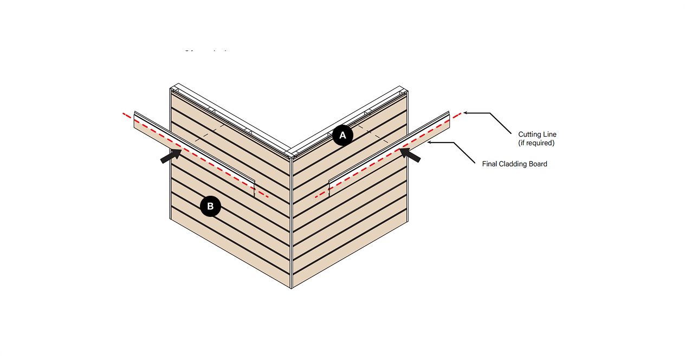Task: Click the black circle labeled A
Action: coord(342,136)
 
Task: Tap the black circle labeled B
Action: coord(210,206)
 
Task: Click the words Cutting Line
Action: coord(537,134)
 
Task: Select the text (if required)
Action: coord(537,143)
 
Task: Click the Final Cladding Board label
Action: coord(514,164)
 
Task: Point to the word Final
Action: coord(490,164)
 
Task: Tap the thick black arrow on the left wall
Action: coord(171,156)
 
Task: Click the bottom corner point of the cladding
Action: coord(292,288)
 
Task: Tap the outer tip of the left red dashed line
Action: coord(124,114)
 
